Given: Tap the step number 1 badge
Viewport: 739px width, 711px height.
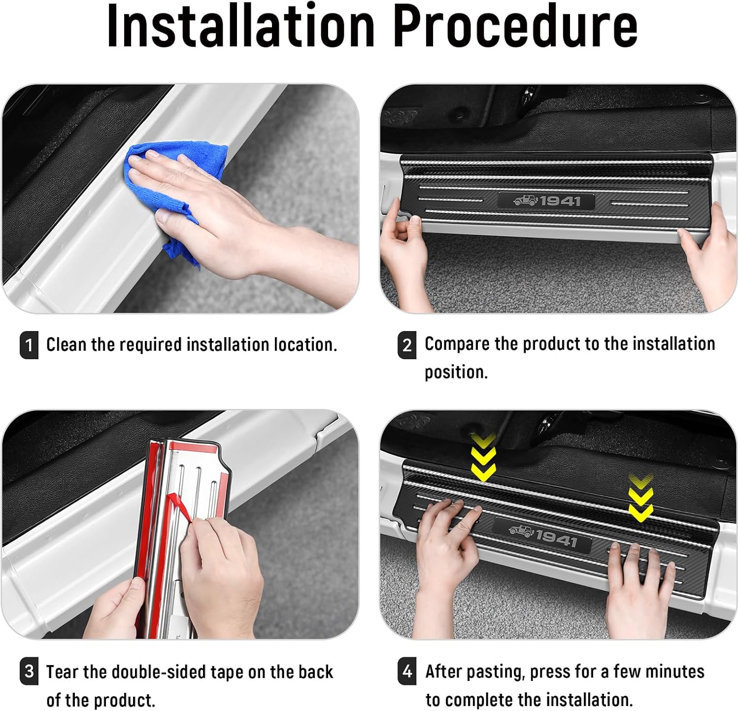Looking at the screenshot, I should point(29,344).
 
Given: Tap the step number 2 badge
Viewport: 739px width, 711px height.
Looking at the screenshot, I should point(407,344).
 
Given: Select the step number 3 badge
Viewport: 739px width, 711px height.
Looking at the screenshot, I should point(29,671).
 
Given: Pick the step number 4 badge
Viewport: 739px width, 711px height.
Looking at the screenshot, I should point(407,671).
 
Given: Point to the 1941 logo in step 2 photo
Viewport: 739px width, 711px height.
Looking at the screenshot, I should point(546,201).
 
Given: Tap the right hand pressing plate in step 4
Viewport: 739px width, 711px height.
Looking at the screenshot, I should point(638,586).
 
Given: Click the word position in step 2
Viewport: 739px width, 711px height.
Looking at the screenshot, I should point(455,372).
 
